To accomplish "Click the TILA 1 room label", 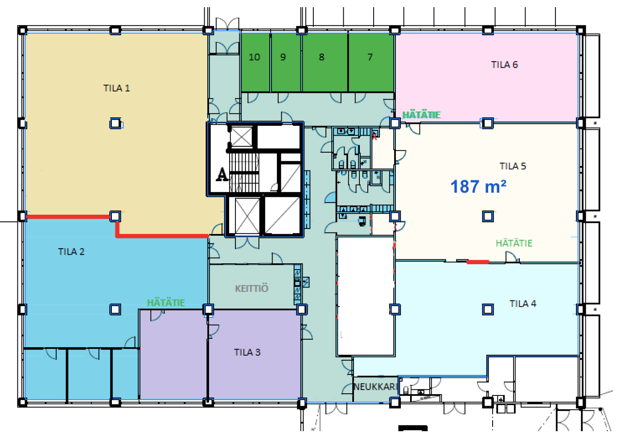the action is [x=116, y=88].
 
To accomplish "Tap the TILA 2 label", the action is [x=71, y=252].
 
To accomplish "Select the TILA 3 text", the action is [x=247, y=353].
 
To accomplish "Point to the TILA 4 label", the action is [x=523, y=304].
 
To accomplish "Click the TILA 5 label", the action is [x=513, y=166].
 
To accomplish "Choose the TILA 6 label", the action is [x=505, y=65].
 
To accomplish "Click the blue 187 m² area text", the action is [x=478, y=187].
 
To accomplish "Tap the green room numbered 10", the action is [x=255, y=62].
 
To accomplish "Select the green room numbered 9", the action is [x=286, y=62].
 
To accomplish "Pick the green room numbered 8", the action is [x=325, y=62].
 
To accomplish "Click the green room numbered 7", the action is [x=371, y=62].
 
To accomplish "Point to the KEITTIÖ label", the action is [x=251, y=289].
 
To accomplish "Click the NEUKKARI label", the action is [x=376, y=387].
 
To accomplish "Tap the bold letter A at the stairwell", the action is [x=222, y=175].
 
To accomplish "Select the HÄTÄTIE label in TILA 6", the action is [x=421, y=115].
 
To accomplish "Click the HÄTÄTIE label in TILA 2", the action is [x=166, y=303].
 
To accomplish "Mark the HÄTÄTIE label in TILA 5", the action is [x=514, y=243].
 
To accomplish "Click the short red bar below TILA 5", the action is [x=478, y=262].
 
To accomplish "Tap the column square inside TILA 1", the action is [x=115, y=123].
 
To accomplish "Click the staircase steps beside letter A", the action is [x=244, y=172].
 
